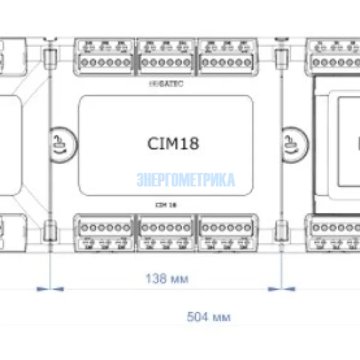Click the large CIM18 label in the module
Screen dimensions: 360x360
tap(173, 143)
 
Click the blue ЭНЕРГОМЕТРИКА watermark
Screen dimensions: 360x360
tap(186, 179)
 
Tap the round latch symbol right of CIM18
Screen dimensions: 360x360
tap(293, 144)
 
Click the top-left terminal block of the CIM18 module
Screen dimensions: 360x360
tap(106, 55)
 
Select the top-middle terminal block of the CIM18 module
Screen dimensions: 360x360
tap(166, 55)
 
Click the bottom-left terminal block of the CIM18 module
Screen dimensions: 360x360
tap(106, 235)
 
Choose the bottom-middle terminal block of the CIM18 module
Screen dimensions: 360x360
tap(166, 235)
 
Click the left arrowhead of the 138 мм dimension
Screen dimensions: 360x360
tap(43, 289)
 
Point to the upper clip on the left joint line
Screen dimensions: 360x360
tap(50, 58)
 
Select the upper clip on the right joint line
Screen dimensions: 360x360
tap(280, 58)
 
